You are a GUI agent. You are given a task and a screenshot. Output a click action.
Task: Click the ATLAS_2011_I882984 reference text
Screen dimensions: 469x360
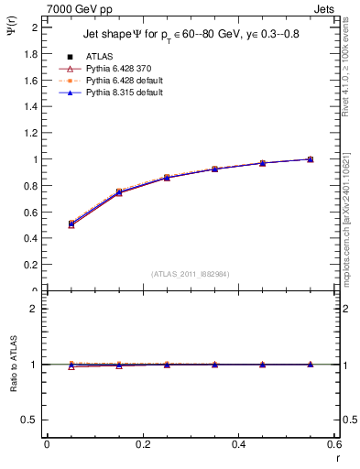pos(191,273)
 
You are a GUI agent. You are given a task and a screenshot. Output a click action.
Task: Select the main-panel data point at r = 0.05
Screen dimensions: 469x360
pos(71,224)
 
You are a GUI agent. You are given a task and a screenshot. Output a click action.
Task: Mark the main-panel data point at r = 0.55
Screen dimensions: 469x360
pos(311,159)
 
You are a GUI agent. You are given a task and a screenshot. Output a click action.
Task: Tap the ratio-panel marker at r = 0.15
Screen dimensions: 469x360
pos(119,365)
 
